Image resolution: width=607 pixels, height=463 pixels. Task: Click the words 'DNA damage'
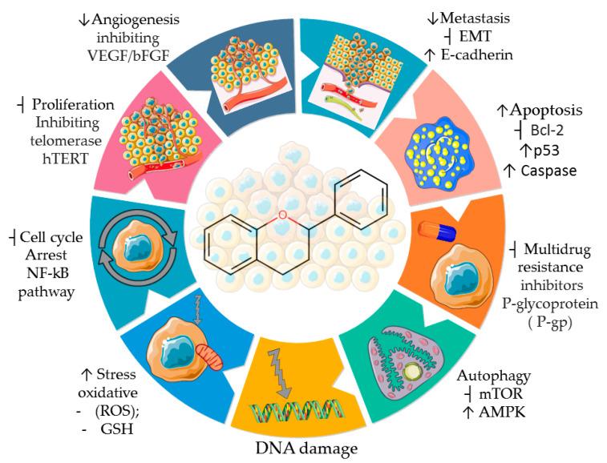(x=303, y=449)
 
